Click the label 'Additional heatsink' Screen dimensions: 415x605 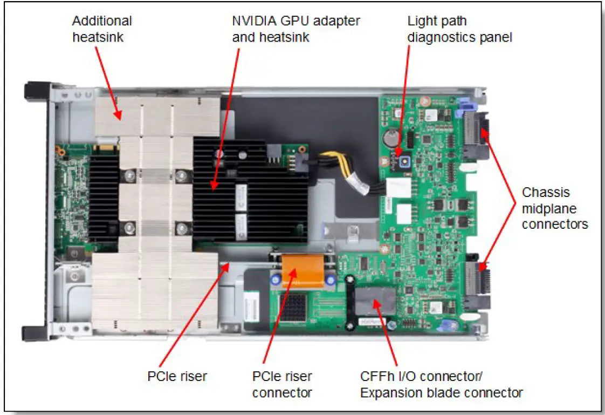point(102,29)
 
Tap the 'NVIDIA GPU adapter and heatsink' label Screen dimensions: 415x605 point(295,29)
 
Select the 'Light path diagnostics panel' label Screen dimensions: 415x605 point(458,29)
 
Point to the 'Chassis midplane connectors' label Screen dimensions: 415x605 point(554,208)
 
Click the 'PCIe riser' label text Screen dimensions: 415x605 point(177,376)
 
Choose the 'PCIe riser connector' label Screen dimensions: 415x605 point(282,384)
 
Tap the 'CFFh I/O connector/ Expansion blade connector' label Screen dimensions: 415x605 point(441,384)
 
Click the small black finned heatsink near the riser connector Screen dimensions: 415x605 point(291,306)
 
